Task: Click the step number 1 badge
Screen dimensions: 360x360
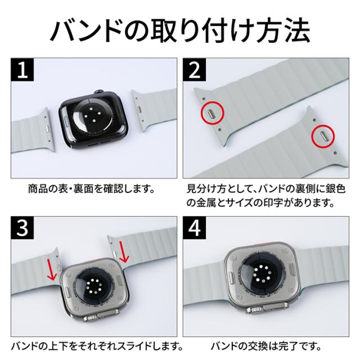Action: point(22,70)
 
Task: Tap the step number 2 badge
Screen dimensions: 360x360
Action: point(195,70)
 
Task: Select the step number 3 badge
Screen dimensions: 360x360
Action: point(22,228)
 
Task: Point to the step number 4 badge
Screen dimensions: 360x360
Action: point(195,228)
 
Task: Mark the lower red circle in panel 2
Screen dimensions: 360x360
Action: point(323,136)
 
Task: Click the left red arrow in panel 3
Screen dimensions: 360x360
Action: point(52,269)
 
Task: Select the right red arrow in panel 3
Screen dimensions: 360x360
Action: point(124,252)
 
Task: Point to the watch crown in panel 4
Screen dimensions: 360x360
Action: point(255,310)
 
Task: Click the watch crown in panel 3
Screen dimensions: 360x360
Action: point(91,319)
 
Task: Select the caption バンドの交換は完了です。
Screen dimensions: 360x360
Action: point(266,346)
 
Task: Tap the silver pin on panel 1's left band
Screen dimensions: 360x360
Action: point(48,128)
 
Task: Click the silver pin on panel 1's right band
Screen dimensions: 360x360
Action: point(139,109)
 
